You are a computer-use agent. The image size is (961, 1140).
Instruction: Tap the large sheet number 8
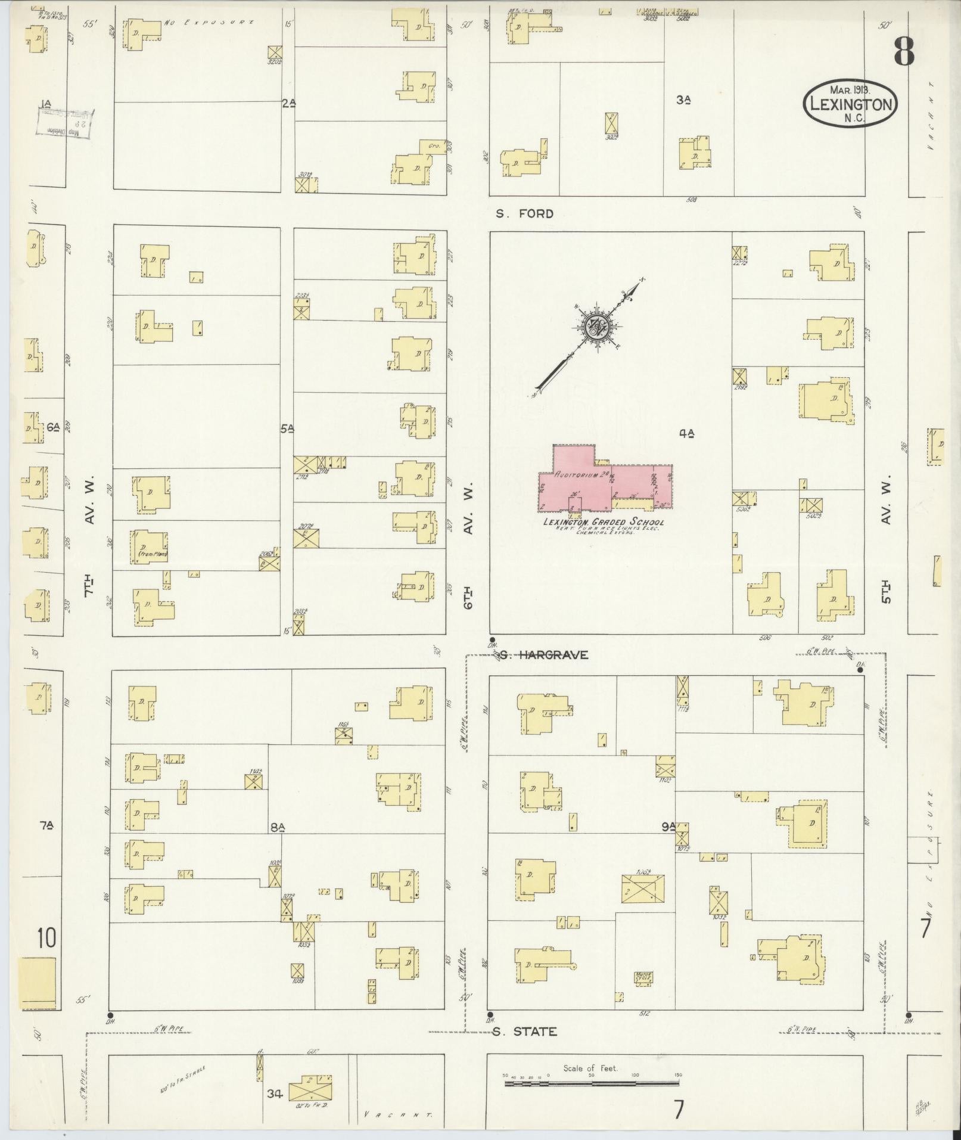point(903,52)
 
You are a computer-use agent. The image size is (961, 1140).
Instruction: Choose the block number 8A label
point(278,827)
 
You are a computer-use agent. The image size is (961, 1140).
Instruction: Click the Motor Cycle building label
point(643,977)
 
